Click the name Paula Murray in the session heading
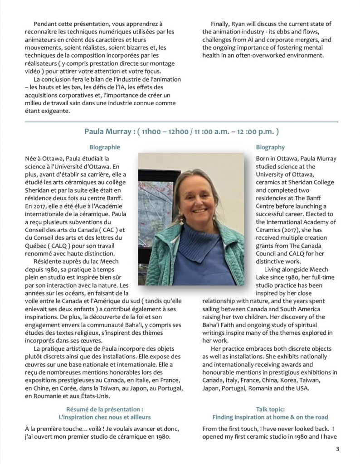pos(106,131)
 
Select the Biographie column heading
pos(105,147)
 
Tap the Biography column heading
pos(270,147)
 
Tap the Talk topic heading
pos(270,408)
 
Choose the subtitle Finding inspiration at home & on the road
pos(270,417)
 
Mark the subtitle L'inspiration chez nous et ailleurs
pos(105,417)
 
